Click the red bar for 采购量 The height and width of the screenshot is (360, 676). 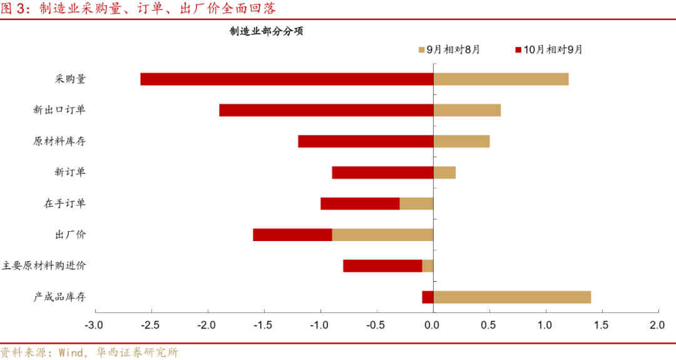(x=287, y=79)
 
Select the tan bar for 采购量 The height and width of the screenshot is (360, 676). (x=501, y=79)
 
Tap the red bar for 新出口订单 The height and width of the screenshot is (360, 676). (x=326, y=110)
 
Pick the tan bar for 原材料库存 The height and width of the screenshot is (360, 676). (x=461, y=141)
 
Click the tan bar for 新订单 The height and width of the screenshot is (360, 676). (x=444, y=172)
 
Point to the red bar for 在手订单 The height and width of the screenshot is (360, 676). (x=360, y=203)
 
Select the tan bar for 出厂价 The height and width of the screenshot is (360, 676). (x=382, y=235)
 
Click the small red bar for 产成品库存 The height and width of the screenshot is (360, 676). (x=428, y=297)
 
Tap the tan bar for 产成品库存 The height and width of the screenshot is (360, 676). (x=512, y=297)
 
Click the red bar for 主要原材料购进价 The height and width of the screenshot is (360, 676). (x=382, y=266)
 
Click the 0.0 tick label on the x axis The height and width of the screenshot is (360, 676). (x=433, y=325)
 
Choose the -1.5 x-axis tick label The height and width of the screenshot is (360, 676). (x=263, y=325)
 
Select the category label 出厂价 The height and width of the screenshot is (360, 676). (x=71, y=235)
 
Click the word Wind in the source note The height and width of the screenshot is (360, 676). (x=70, y=352)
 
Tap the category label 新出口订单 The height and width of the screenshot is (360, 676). (x=59, y=110)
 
